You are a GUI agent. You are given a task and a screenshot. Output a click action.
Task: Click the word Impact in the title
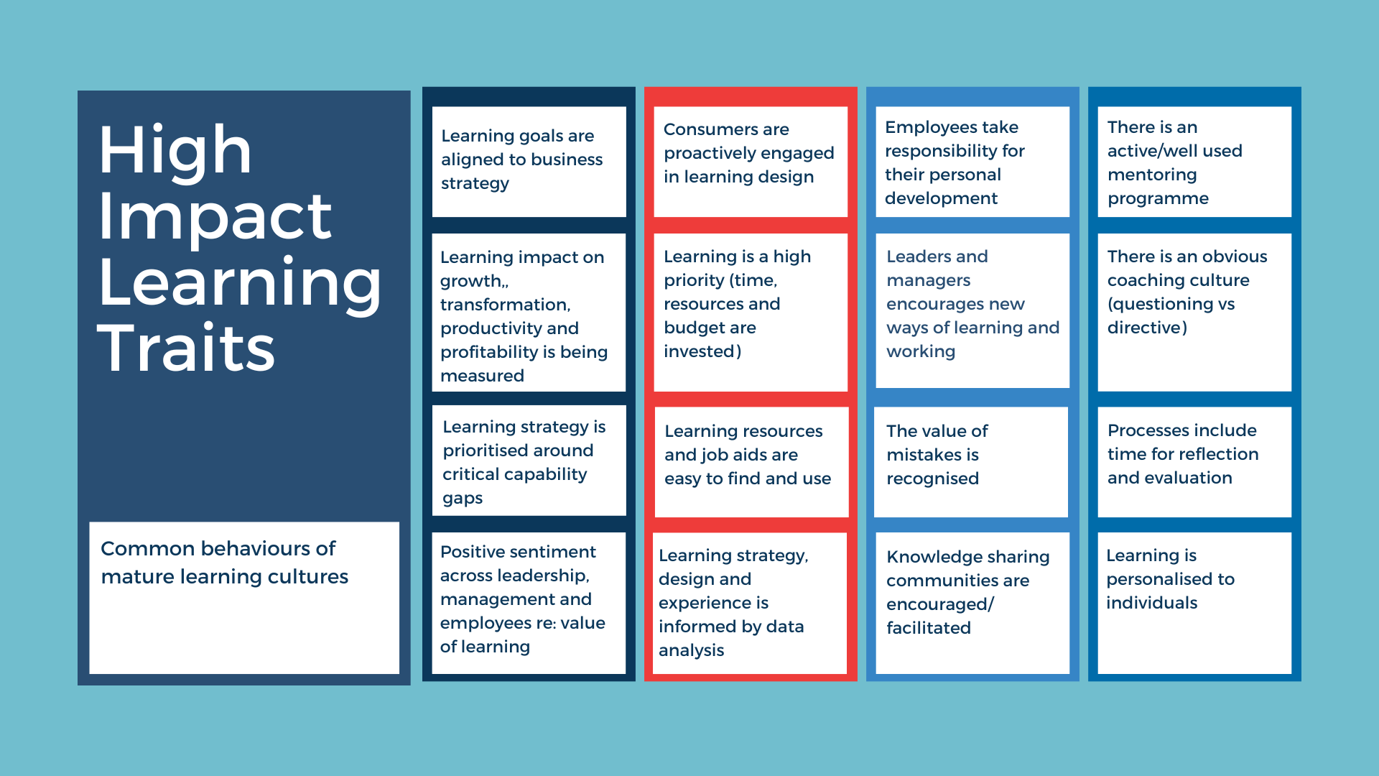[215, 217]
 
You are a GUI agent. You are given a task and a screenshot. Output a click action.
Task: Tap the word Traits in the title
[186, 348]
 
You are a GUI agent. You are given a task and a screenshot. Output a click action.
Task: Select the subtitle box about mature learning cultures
[244, 597]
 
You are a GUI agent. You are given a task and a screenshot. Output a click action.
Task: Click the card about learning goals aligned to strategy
[529, 162]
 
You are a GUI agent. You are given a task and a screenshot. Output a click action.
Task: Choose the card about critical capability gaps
[529, 461]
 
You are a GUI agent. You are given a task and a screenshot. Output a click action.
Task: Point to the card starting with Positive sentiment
[529, 602]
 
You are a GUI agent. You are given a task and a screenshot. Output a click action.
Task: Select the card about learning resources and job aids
[751, 461]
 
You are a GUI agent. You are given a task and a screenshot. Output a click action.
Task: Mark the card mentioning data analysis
[751, 602]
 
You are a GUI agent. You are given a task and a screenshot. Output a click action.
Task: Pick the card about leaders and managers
[972, 310]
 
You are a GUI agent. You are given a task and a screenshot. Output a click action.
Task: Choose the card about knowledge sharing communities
[972, 602]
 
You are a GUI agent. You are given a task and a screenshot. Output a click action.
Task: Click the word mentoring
[1151, 175]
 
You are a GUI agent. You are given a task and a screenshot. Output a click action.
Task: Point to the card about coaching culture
[1194, 312]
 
